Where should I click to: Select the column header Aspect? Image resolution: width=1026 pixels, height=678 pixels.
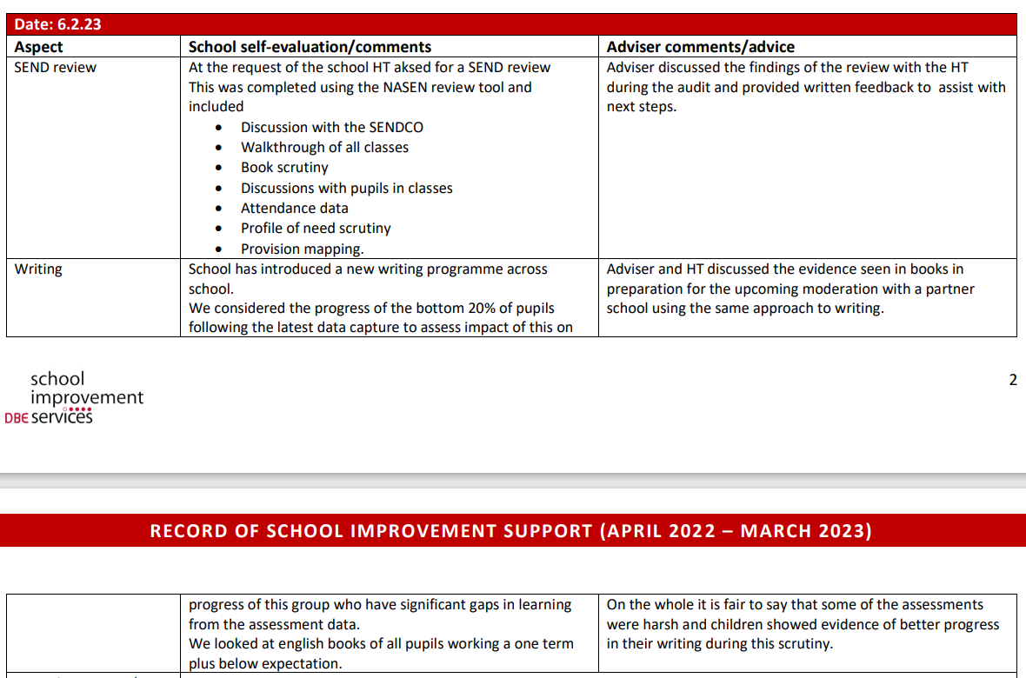[39, 47]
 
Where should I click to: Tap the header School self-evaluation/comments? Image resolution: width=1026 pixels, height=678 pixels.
[310, 47]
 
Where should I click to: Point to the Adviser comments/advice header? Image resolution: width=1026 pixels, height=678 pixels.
[700, 47]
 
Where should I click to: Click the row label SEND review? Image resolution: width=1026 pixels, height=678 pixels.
[56, 68]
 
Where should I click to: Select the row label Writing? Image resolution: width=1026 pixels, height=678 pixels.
[38, 269]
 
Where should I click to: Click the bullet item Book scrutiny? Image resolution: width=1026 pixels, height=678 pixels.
[284, 168]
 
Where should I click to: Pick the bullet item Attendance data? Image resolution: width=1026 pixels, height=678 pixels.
[294, 209]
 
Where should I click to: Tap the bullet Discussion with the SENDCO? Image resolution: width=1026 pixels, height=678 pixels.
[331, 128]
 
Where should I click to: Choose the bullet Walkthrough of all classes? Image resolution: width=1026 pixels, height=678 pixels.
[324, 148]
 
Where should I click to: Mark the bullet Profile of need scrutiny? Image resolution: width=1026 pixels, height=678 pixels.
[316, 229]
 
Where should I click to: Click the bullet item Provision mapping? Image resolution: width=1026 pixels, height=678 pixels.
[302, 249]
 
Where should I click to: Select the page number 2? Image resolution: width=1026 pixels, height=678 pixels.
[1012, 380]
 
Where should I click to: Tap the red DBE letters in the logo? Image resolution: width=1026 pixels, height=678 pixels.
[17, 418]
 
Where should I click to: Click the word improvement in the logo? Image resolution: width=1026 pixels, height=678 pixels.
[87, 398]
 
